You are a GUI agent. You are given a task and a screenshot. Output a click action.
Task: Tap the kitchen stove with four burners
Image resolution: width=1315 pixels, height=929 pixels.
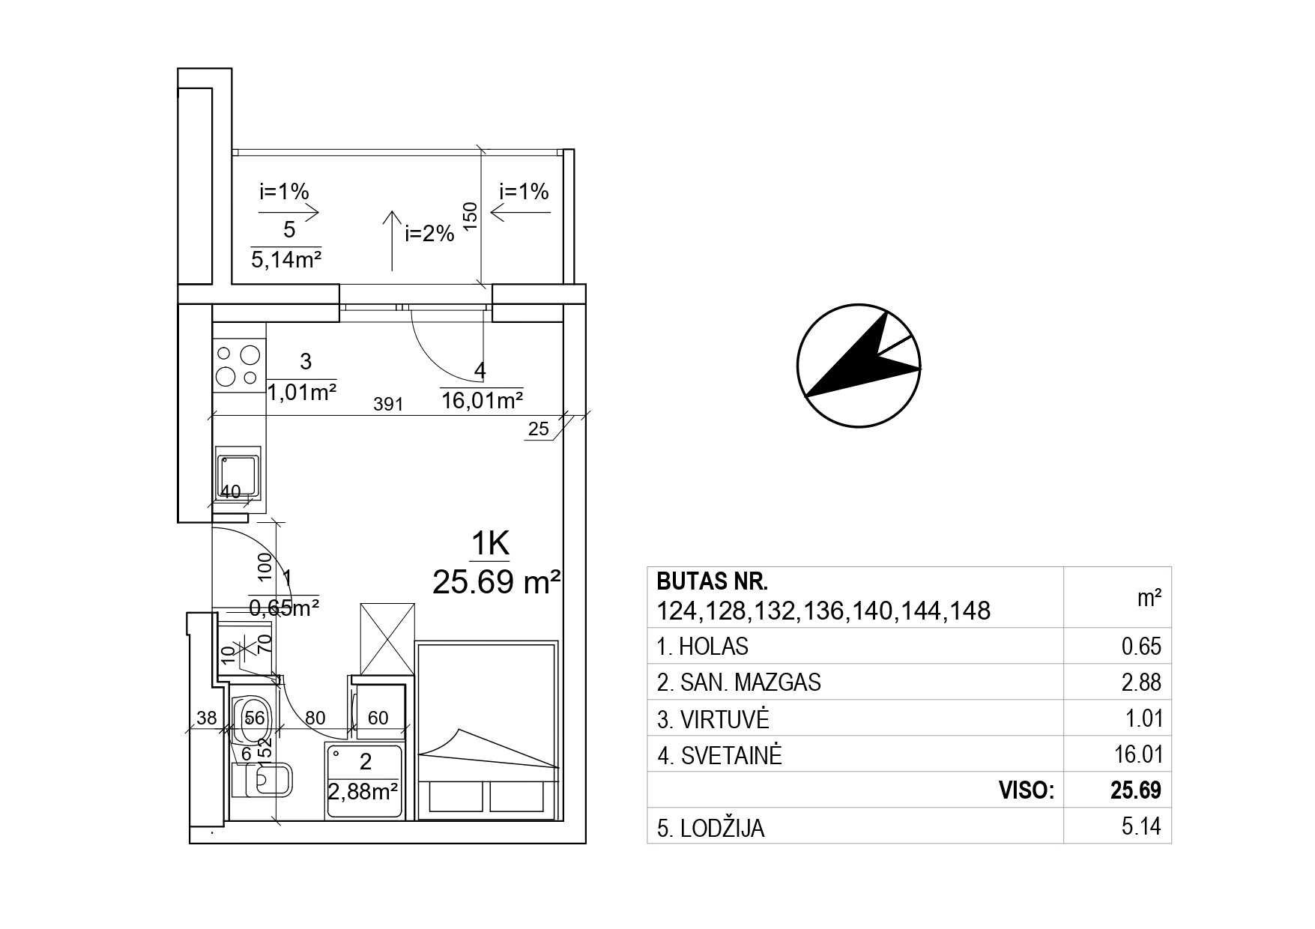point(239,365)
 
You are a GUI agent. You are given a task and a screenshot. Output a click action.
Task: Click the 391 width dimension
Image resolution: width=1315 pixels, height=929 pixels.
point(388,405)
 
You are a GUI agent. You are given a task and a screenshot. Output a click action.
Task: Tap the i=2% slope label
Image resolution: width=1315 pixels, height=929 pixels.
point(429,234)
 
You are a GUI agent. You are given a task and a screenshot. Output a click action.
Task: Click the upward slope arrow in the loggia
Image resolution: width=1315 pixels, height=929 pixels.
point(391,240)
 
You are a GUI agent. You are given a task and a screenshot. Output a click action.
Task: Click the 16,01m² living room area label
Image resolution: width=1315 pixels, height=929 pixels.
point(481,400)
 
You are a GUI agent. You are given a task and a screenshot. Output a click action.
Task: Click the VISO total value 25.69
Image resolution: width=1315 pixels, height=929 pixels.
point(1137,790)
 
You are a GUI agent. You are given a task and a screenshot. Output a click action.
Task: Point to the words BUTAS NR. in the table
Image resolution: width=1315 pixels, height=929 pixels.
point(713,581)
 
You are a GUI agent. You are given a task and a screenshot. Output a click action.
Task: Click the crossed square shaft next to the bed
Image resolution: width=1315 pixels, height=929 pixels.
point(387,639)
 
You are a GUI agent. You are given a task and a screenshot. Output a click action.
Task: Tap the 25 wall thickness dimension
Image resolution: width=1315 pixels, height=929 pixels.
point(539,429)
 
